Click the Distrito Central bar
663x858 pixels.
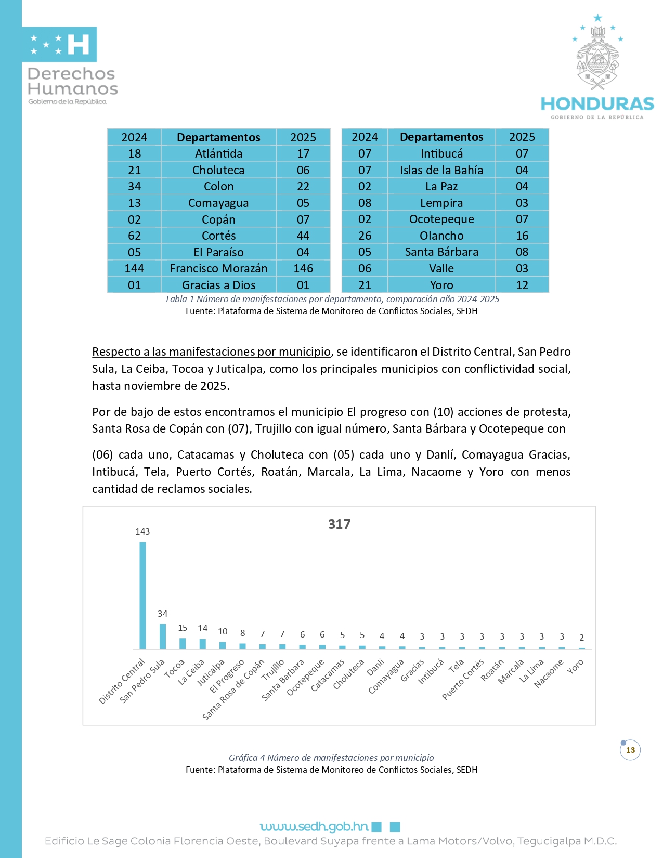tap(142, 595)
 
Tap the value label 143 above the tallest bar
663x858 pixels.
tap(142, 531)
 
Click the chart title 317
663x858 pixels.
tap(339, 524)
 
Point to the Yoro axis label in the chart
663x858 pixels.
tap(575, 667)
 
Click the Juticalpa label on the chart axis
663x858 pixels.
tap(211, 672)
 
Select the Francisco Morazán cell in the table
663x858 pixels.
tap(218, 268)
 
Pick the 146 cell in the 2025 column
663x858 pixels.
tap(303, 268)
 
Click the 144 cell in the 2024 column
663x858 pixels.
tap(134, 268)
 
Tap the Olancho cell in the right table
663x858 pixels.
tap(441, 236)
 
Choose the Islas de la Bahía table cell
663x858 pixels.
tap(441, 170)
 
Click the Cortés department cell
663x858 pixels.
tap(218, 236)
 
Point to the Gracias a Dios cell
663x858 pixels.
tap(218, 285)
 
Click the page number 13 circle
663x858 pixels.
tap(630, 750)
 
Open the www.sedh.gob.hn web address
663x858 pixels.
tap(314, 826)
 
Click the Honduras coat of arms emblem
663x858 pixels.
tap(597, 60)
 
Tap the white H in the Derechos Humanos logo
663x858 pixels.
tap(79, 45)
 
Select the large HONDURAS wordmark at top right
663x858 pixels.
tap(597, 104)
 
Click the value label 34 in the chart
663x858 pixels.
tap(163, 614)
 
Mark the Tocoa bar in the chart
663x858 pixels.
tap(183, 643)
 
